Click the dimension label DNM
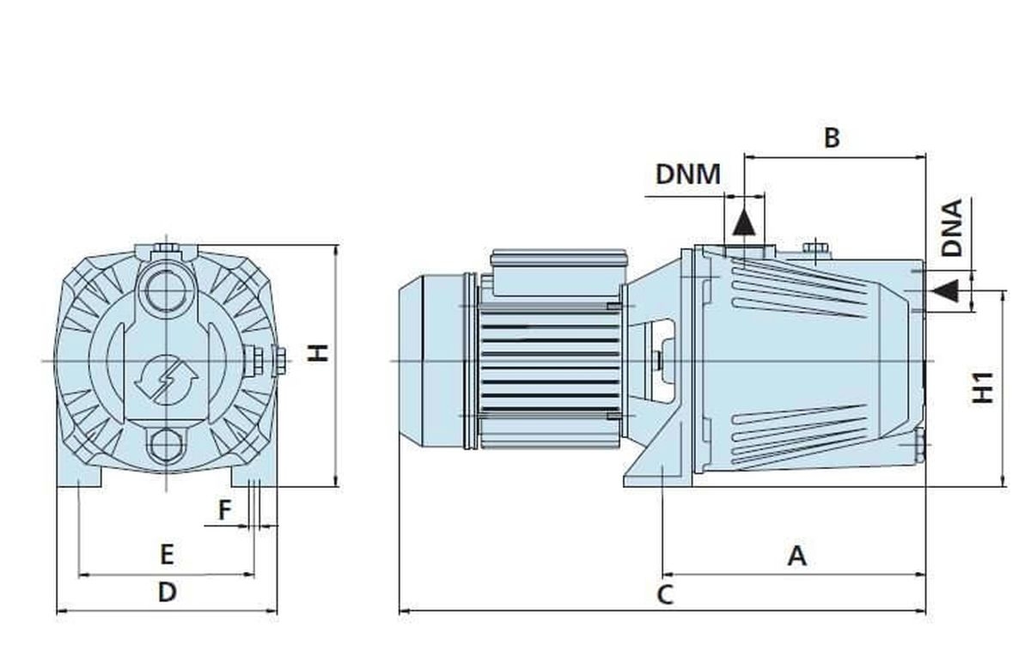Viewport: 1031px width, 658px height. tap(687, 174)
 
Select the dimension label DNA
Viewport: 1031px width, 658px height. tap(952, 228)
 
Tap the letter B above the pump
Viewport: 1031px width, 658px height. tap(831, 137)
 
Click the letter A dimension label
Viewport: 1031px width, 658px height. tap(797, 556)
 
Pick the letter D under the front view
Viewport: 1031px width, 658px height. tap(167, 592)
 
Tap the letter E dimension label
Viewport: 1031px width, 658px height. tap(167, 554)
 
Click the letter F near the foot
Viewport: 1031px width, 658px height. tap(224, 510)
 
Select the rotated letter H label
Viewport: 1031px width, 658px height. tap(319, 351)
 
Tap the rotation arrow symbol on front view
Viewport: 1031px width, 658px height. tap(167, 378)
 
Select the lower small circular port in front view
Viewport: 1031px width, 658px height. tap(166, 444)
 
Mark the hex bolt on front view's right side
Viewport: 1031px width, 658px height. tap(279, 360)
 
